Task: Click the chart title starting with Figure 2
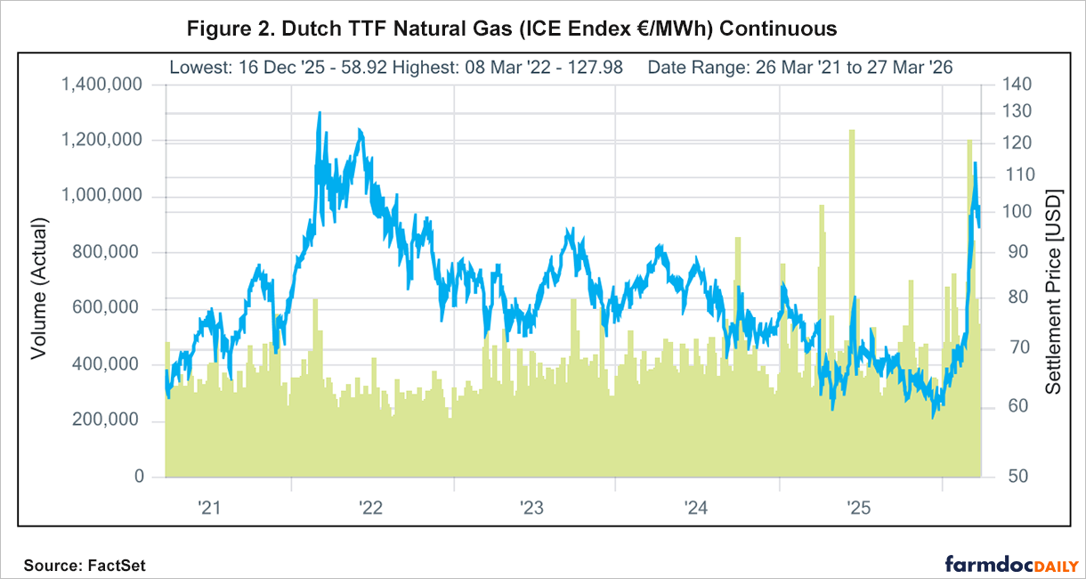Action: point(512,29)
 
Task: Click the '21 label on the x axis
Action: point(208,509)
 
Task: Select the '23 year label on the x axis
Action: point(531,509)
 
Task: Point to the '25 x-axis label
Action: point(857,509)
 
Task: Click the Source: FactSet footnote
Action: point(85,565)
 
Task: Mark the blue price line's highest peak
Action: point(320,113)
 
